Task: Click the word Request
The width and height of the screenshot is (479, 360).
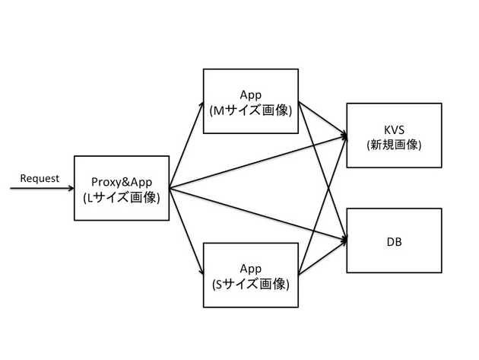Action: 39,179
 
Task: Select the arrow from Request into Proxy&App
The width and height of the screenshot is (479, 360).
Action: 42,188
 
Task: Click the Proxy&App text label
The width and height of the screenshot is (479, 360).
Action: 122,182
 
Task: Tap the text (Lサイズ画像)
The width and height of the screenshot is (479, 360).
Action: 122,197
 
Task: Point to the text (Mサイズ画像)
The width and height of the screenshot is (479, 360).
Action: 251,110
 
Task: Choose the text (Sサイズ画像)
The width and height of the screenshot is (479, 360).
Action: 251,284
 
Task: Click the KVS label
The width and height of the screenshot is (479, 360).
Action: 394,128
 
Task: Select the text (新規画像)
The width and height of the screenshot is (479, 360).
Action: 394,144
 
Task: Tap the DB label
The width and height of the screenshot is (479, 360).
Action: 394,241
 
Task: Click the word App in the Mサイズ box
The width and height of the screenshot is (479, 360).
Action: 251,94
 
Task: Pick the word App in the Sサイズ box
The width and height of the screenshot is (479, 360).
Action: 251,269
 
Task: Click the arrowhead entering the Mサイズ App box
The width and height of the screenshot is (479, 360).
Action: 200,104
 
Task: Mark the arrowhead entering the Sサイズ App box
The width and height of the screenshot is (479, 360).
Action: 200,272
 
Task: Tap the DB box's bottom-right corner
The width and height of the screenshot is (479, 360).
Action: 442,272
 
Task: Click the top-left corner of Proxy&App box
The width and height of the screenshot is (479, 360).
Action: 75,156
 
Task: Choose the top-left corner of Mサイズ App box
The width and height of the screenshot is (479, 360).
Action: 204,69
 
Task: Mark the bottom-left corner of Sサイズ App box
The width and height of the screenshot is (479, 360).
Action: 204,307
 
